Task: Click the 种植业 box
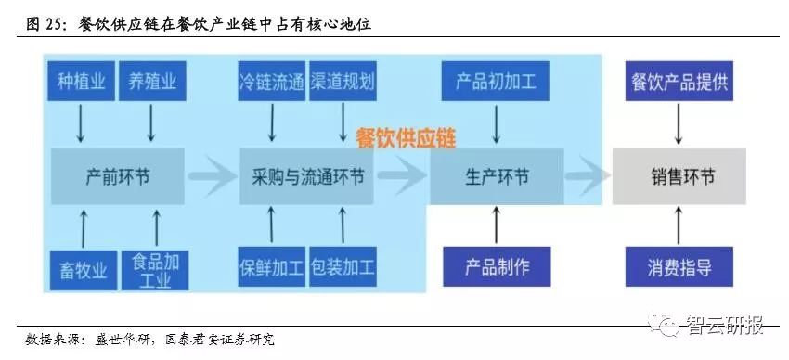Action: tap(79, 82)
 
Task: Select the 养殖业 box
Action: tap(150, 82)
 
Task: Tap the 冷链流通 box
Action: tap(271, 82)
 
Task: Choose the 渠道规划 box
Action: tap(343, 82)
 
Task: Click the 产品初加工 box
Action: tap(496, 82)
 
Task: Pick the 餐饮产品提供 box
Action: tap(679, 82)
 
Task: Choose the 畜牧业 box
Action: tap(79, 269)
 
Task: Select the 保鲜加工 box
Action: tap(271, 269)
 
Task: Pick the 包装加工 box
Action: tap(343, 269)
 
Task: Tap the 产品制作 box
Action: tap(496, 267)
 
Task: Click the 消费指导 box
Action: tap(679, 268)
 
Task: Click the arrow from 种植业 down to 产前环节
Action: tap(80, 123)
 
